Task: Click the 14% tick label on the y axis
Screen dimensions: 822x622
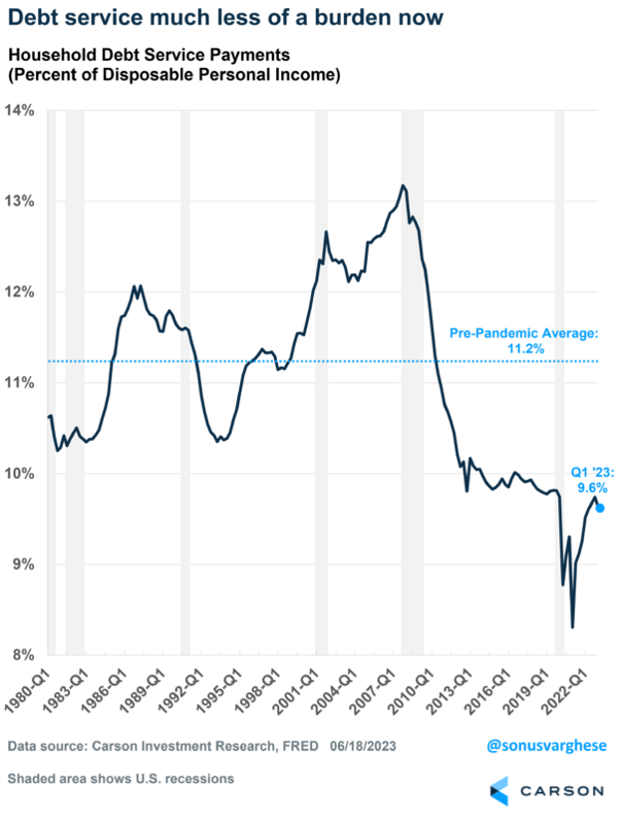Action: [22, 110]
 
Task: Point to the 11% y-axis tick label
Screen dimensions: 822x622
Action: [22, 382]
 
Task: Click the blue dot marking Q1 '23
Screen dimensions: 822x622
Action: [599, 508]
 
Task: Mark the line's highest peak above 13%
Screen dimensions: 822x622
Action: [403, 186]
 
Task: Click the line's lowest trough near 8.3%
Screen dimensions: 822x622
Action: [572, 626]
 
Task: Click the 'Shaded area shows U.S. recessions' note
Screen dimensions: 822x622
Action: [121, 778]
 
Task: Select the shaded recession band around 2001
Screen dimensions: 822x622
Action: [321, 379]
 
